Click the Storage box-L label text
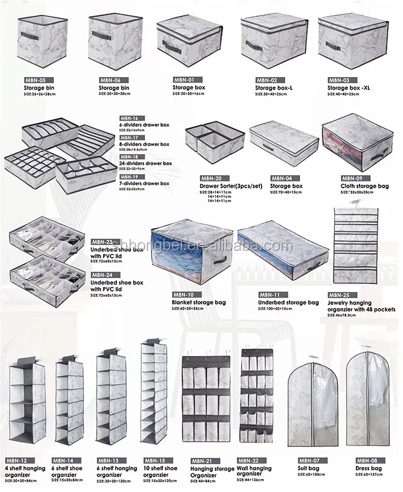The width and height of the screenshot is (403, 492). [273, 88]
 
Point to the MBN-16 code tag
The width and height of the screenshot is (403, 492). [130, 117]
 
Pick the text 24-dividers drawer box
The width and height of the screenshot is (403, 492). [145, 163]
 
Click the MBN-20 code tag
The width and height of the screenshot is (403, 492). [211, 178]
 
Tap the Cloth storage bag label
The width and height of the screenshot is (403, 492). [364, 186]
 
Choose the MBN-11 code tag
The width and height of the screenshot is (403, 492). [269, 294]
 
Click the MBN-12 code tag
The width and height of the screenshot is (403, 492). [15, 460]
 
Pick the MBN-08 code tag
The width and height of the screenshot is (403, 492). [366, 460]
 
